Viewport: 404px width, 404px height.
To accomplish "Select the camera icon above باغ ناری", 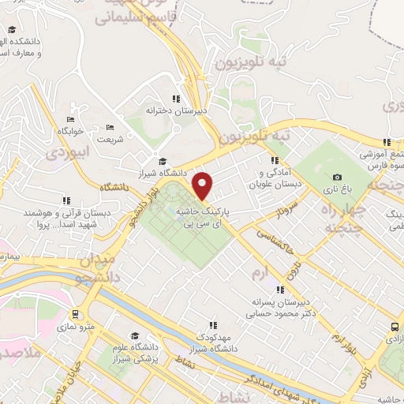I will [x=338, y=178].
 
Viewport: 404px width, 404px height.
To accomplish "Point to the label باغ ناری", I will [x=337, y=190].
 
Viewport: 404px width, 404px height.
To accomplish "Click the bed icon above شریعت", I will [x=110, y=127].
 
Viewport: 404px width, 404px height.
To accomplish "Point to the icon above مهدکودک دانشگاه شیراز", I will [x=212, y=324].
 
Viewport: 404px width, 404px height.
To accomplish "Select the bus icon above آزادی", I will [x=394, y=327].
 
